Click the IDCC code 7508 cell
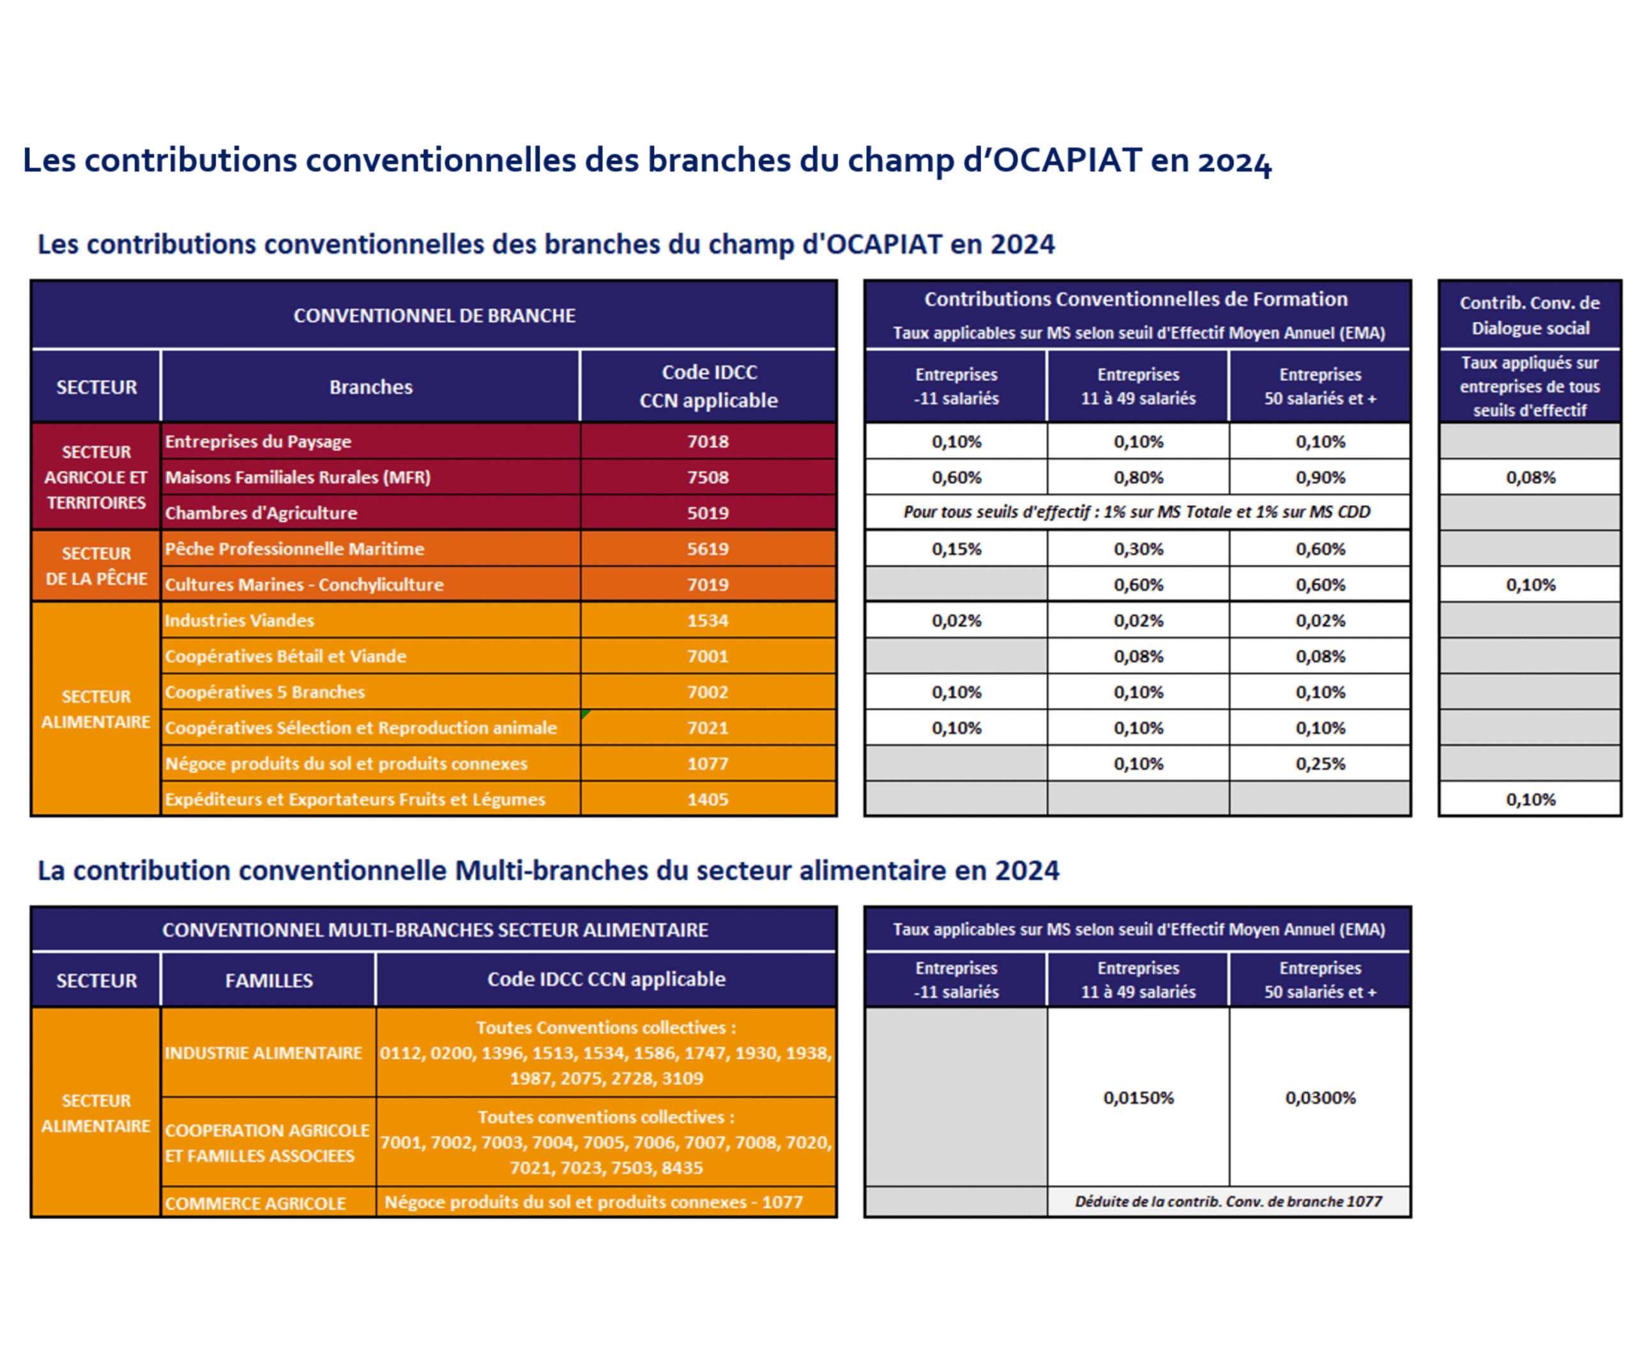tap(707, 477)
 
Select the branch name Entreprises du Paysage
tap(258, 441)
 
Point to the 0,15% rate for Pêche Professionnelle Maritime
tap(956, 549)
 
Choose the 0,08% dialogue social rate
tap(1530, 477)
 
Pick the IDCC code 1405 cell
tap(707, 799)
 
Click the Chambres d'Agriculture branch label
tap(261, 513)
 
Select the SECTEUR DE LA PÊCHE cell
tap(96, 566)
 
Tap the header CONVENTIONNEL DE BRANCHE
tap(434, 315)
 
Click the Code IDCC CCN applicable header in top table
tap(708, 386)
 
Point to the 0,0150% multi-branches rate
tap(1137, 1098)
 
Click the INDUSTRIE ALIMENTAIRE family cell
tap(263, 1053)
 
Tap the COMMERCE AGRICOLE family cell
tap(255, 1203)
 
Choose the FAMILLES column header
tap(269, 980)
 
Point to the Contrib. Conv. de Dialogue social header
tap(1529, 315)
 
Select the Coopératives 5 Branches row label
tap(264, 692)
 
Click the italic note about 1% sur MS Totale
tap(1137, 512)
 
